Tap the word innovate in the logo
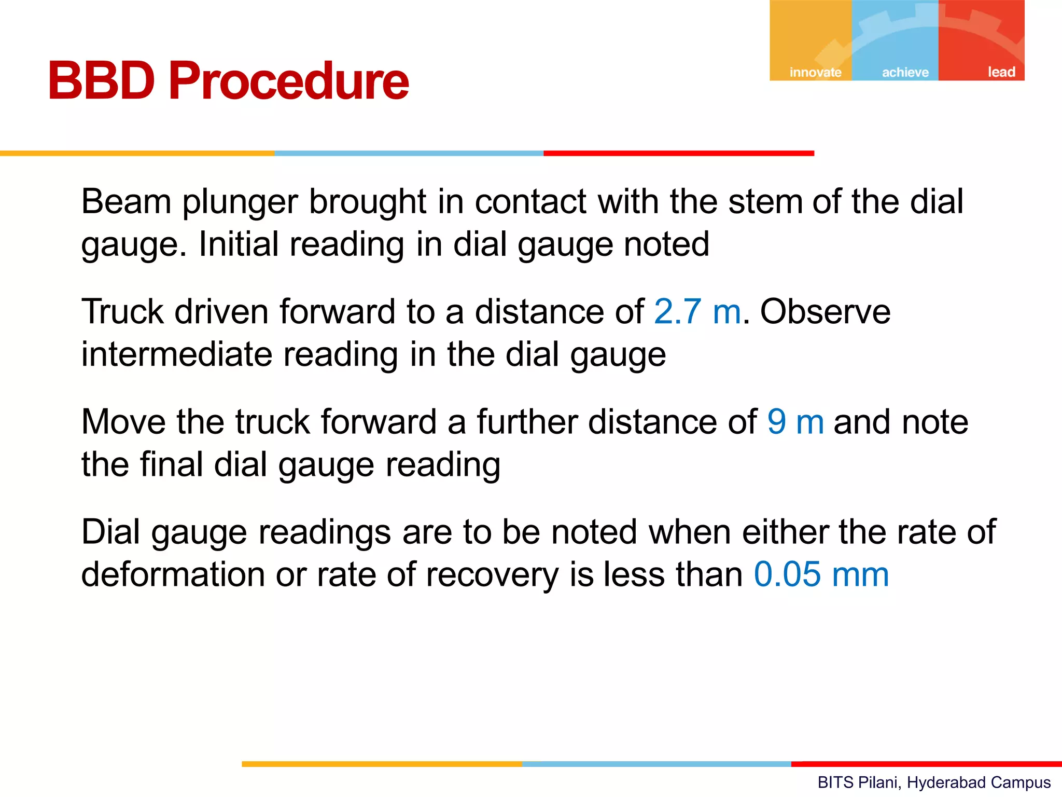[815, 72]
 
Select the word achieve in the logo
[905, 72]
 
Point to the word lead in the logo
[1001, 72]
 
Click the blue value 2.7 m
[697, 312]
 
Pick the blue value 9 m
[795, 422]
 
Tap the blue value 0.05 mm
[821, 574]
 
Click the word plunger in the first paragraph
[240, 202]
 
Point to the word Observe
[825, 312]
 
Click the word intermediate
[177, 354]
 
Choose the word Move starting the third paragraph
[123, 422]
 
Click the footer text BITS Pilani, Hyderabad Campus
[934, 782]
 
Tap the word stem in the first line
[765, 201]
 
